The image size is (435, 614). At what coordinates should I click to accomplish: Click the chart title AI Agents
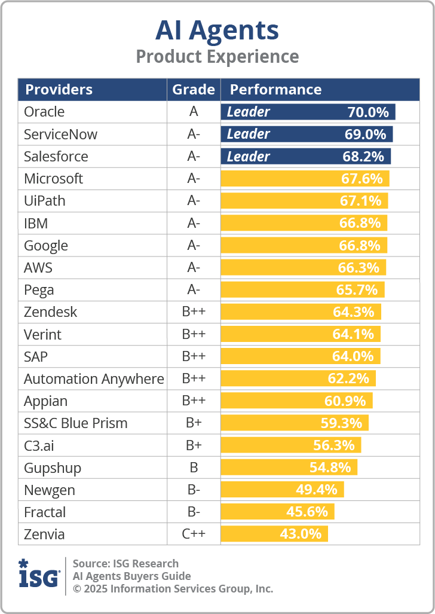point(217,30)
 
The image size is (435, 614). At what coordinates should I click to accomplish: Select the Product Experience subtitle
point(217,57)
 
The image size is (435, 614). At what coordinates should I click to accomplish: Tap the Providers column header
point(59,90)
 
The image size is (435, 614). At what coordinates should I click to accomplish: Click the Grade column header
point(194,90)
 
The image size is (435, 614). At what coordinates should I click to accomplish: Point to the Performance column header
point(275,90)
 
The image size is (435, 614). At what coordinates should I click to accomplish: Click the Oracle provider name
point(44,112)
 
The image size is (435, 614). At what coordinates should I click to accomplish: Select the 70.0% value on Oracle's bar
point(368,112)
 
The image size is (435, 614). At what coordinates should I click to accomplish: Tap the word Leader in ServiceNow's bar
point(249,134)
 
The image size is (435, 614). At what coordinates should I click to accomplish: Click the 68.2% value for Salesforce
point(365,157)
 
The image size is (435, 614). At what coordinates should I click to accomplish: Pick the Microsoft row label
point(53,179)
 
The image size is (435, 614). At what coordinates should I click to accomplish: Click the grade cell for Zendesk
point(194,312)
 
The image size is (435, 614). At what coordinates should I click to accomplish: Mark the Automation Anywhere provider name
point(94,379)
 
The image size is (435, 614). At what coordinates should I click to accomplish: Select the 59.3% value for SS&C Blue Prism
point(341,423)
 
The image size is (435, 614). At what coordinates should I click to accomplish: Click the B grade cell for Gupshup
point(194,468)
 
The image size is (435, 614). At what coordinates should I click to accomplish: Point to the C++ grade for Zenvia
point(194,534)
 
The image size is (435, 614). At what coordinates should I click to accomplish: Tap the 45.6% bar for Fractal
point(277,512)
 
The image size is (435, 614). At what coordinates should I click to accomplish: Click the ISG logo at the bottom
point(39,574)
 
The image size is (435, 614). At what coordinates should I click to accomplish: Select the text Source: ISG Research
point(125,563)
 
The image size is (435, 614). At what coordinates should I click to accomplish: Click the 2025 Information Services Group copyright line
point(173,588)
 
